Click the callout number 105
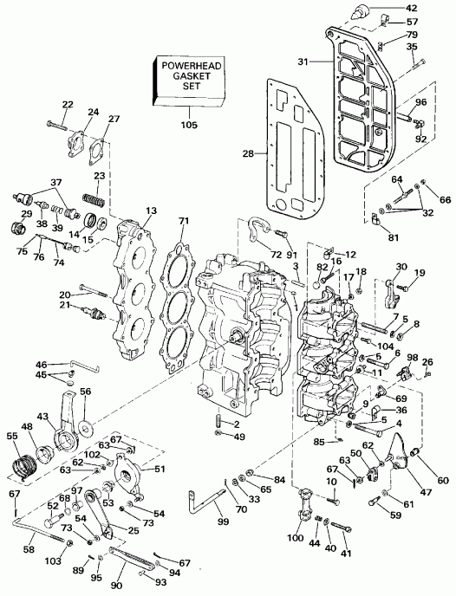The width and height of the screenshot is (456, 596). click(x=189, y=124)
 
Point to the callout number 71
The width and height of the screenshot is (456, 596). click(x=185, y=221)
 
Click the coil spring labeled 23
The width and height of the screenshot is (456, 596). click(x=94, y=198)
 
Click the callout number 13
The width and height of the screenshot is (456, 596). click(x=152, y=211)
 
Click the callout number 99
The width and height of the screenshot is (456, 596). click(x=224, y=521)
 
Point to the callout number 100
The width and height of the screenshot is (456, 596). click(x=296, y=538)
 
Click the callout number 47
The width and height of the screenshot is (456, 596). click(x=426, y=492)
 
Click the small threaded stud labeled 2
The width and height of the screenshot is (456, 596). click(x=219, y=423)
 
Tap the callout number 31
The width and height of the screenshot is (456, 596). click(x=303, y=62)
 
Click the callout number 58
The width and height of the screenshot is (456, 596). click(x=29, y=550)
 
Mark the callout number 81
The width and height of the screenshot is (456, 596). click(x=394, y=237)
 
